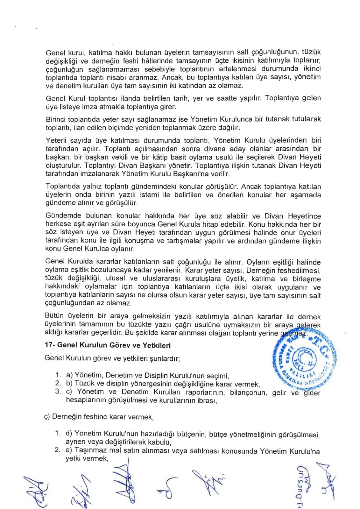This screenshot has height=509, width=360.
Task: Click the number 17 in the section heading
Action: tap(50, 345)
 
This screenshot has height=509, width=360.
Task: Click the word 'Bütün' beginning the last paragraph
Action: tap(54, 316)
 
